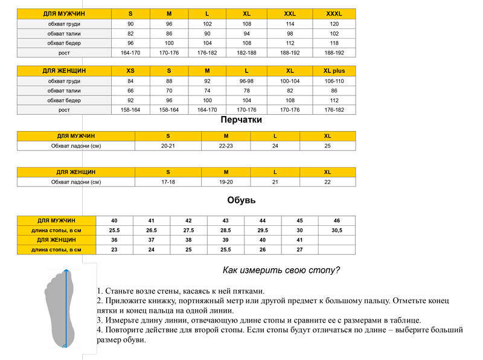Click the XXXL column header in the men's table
(x=334, y=13)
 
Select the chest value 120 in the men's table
(x=334, y=24)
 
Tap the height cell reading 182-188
(x=246, y=53)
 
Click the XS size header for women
(x=130, y=71)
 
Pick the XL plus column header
(x=334, y=71)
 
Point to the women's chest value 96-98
(x=246, y=81)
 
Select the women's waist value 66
(x=130, y=91)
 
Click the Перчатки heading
(x=241, y=120)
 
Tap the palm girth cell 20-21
(x=168, y=146)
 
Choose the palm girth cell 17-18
(x=168, y=182)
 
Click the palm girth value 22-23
(x=225, y=146)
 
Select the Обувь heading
(x=241, y=201)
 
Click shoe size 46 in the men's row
(x=336, y=220)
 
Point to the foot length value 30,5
(x=336, y=230)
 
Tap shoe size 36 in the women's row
(x=114, y=240)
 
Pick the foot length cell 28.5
(x=225, y=230)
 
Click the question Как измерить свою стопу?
(x=281, y=270)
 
